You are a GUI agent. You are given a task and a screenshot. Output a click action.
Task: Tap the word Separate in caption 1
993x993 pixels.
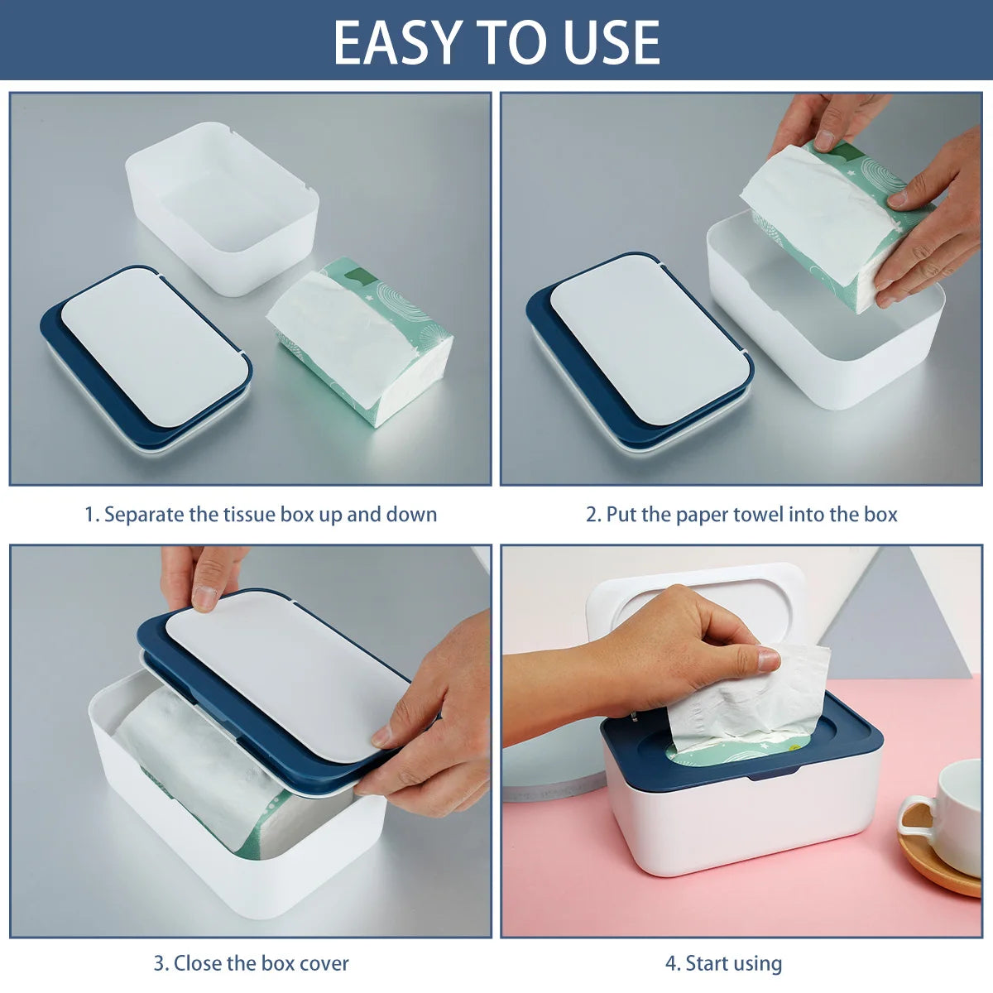[144, 515]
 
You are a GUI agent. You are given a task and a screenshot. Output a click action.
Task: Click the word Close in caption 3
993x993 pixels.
[198, 963]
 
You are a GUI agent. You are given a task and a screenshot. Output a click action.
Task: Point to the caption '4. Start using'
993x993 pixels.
[723, 963]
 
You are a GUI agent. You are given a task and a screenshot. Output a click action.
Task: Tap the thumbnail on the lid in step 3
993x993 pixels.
[204, 598]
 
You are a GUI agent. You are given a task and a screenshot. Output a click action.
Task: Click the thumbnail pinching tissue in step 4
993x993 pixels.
[768, 660]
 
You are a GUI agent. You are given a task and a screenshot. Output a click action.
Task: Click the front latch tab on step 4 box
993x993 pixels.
[774, 775]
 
